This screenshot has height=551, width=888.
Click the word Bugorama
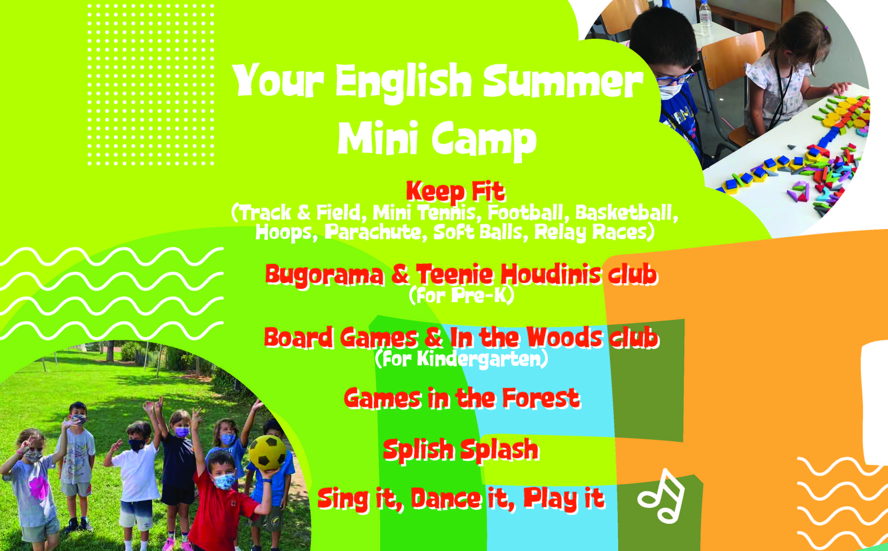click(x=325, y=275)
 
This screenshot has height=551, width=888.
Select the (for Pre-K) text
click(x=461, y=296)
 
